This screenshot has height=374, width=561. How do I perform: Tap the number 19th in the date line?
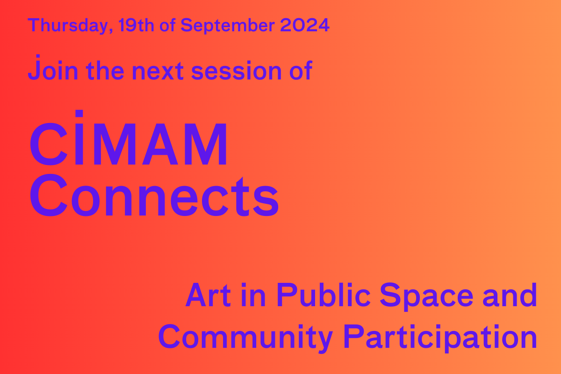click(136, 25)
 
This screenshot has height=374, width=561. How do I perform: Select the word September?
click(227, 26)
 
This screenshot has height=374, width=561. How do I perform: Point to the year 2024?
click(304, 25)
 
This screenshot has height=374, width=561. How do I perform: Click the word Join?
click(53, 68)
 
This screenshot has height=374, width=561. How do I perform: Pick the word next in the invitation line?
click(158, 71)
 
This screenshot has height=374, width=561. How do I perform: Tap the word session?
click(236, 71)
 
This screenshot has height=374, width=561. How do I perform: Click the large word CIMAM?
click(129, 137)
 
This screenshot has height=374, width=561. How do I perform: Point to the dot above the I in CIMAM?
click(79, 113)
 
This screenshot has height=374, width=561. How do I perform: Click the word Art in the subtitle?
click(208, 295)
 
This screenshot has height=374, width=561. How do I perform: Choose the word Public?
click(324, 295)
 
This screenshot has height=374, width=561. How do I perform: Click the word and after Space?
click(510, 295)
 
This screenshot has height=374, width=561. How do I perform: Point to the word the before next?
click(105, 71)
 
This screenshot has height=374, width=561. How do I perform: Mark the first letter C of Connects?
click(49, 195)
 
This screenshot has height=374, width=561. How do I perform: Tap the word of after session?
click(301, 71)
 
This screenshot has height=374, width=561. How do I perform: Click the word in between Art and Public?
click(253, 295)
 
